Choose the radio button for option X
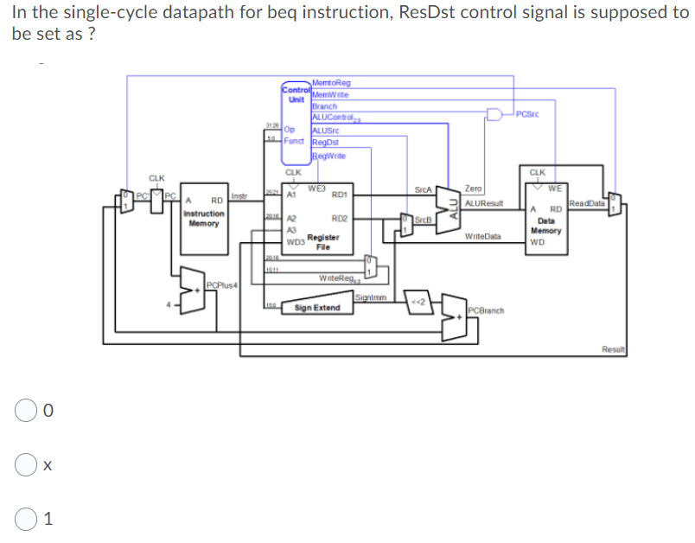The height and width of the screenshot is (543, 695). pos(25,465)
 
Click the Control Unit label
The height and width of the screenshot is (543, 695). pos(296,93)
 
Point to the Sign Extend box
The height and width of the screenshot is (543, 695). pos(317,308)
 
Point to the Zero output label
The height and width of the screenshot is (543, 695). pos(473,188)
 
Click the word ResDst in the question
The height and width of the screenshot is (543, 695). pos(434,13)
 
